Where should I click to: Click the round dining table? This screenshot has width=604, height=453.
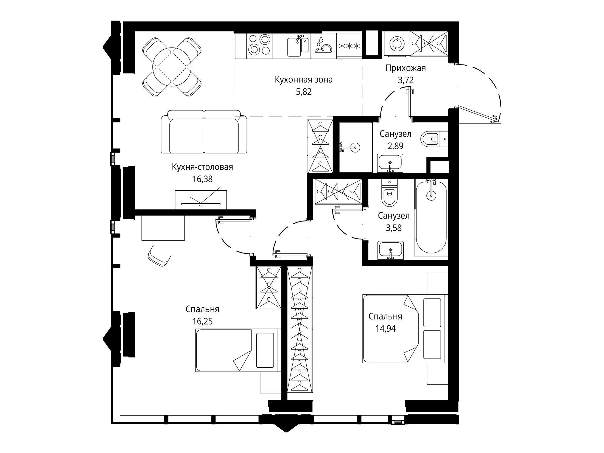click(x=172, y=67)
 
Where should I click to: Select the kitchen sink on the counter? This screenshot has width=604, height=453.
click(x=298, y=46)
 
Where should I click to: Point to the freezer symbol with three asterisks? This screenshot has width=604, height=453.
click(x=349, y=46)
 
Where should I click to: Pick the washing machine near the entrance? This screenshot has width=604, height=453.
click(x=396, y=44)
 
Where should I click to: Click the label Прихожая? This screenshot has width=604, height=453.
click(x=406, y=68)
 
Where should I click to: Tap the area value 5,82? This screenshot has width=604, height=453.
click(x=304, y=92)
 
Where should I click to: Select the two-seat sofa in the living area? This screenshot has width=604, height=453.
click(x=204, y=132)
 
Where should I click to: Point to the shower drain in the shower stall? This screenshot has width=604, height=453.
click(x=355, y=147)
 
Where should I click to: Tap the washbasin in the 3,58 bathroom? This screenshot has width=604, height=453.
click(x=390, y=250)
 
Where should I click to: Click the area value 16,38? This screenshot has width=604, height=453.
click(x=202, y=179)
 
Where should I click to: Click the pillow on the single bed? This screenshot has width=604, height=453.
click(x=265, y=350)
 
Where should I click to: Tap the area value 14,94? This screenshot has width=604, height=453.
click(x=385, y=328)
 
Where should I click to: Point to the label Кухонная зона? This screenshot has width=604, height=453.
click(x=304, y=80)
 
